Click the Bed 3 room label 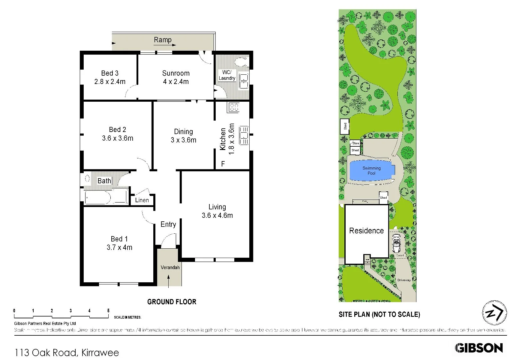click(x=110, y=73)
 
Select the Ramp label click(x=163, y=40)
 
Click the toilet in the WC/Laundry click(x=240, y=62)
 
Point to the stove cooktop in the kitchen click(x=234, y=107)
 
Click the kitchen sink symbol click(x=244, y=135)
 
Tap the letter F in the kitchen click(x=223, y=164)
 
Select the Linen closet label click(x=142, y=200)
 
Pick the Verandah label click(x=170, y=267)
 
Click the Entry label click(x=168, y=224)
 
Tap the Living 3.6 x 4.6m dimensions click(x=217, y=216)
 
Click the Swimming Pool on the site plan click(x=371, y=171)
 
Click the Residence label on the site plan click(x=366, y=231)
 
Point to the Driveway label click(x=404, y=280)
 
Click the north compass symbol click(x=494, y=313)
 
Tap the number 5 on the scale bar click(x=108, y=311)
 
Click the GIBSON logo click(x=479, y=348)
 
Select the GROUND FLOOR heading click(x=172, y=302)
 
